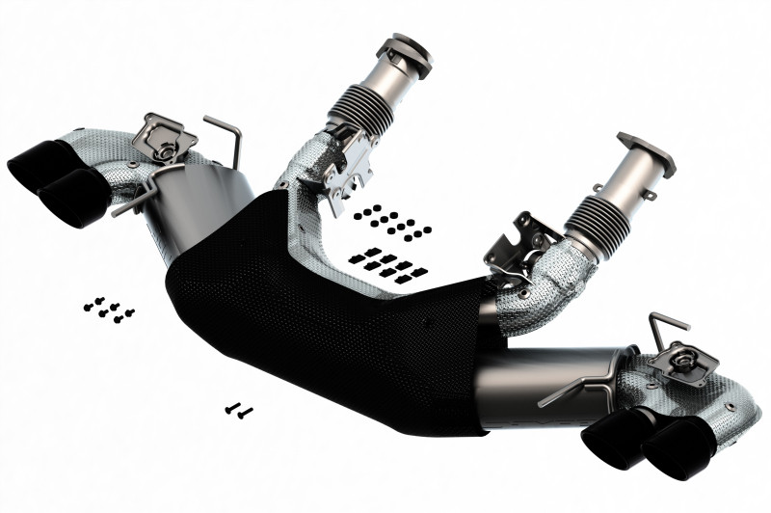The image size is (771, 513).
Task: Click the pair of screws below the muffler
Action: (238, 410)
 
